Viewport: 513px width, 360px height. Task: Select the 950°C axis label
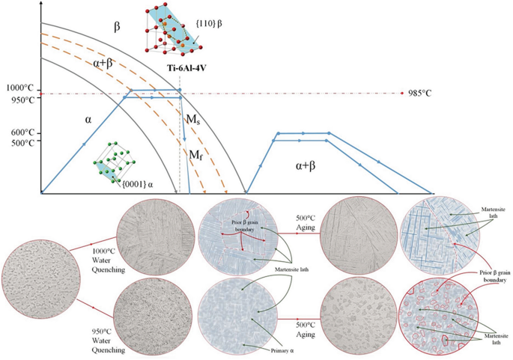point(16,100)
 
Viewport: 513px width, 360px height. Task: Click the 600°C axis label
point(16,133)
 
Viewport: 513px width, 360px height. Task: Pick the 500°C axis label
point(16,143)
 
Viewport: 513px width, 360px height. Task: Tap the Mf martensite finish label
point(195,155)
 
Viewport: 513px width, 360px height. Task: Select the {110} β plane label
point(216,34)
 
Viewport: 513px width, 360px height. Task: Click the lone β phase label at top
point(117,26)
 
